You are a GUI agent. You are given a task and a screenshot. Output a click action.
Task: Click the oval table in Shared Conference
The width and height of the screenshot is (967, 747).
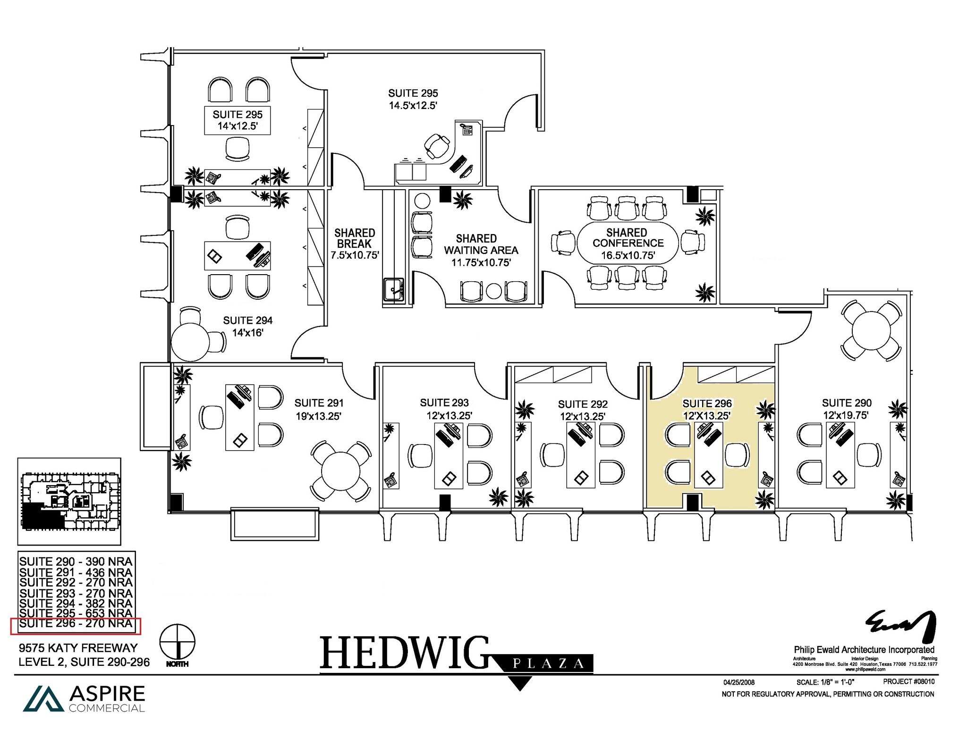[628, 243]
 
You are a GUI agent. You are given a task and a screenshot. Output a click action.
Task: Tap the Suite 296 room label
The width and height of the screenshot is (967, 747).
[707, 404]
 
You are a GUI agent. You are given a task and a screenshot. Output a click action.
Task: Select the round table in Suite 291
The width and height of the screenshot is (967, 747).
[340, 471]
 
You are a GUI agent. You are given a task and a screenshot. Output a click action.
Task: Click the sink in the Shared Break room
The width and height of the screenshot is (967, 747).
[393, 289]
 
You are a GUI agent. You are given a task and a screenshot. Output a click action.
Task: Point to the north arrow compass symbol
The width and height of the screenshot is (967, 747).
[178, 642]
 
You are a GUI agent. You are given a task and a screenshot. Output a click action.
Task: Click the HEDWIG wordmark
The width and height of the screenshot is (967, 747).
[404, 653]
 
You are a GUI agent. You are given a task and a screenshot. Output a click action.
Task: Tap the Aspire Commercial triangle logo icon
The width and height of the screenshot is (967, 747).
[43, 699]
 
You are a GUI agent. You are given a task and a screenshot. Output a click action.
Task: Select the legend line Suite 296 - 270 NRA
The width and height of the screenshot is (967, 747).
[76, 624]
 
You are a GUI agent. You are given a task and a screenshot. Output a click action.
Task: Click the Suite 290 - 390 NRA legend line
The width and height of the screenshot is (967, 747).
[76, 562]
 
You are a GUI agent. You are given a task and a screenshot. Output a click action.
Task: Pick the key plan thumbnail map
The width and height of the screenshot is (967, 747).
[69, 501]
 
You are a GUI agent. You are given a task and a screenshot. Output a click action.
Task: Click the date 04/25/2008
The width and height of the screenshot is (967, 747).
[739, 682]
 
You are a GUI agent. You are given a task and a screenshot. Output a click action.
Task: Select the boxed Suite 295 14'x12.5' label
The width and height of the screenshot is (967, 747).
[238, 120]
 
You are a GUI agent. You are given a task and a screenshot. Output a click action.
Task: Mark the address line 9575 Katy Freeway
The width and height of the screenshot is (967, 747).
[78, 648]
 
